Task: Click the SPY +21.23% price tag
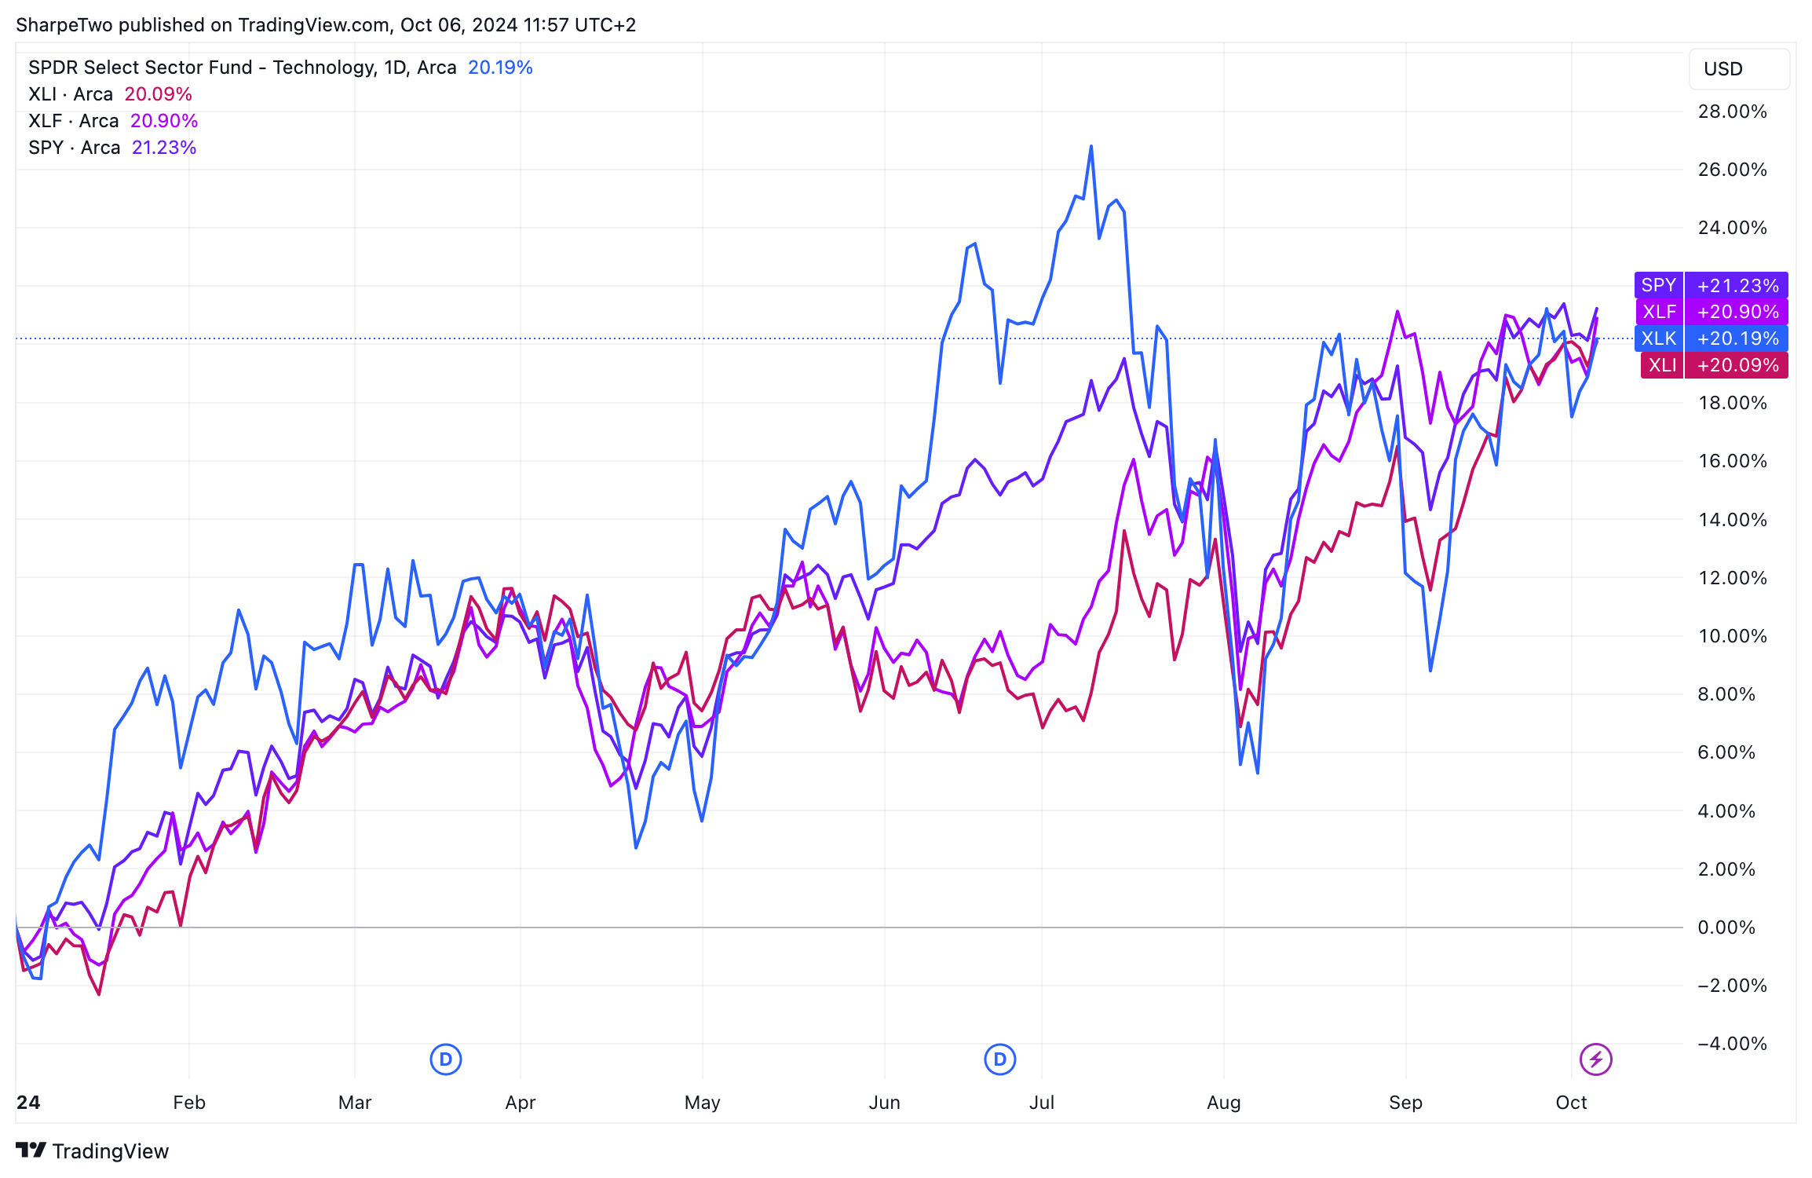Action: pos(1711,285)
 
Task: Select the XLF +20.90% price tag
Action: pos(1711,312)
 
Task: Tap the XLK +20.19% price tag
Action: pos(1711,338)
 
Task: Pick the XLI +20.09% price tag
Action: pos(1714,365)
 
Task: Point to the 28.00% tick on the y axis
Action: pos(1732,112)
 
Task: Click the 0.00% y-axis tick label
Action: pos(1726,927)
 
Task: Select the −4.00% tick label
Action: pos(1731,1044)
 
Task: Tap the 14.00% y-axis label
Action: pos(1732,520)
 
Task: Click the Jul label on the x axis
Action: pos(1041,1103)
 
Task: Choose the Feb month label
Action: pos(189,1103)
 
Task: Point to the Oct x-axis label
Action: pos(1571,1103)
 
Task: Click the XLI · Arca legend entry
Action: pos(71,94)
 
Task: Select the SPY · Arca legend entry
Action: pos(74,148)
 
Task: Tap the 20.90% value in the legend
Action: pos(164,121)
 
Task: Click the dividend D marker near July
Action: pos(999,1059)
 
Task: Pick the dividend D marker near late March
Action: pos(446,1059)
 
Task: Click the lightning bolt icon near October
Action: pos(1596,1059)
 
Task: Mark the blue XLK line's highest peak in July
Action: pos(1090,147)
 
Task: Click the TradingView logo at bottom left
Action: pos(93,1151)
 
